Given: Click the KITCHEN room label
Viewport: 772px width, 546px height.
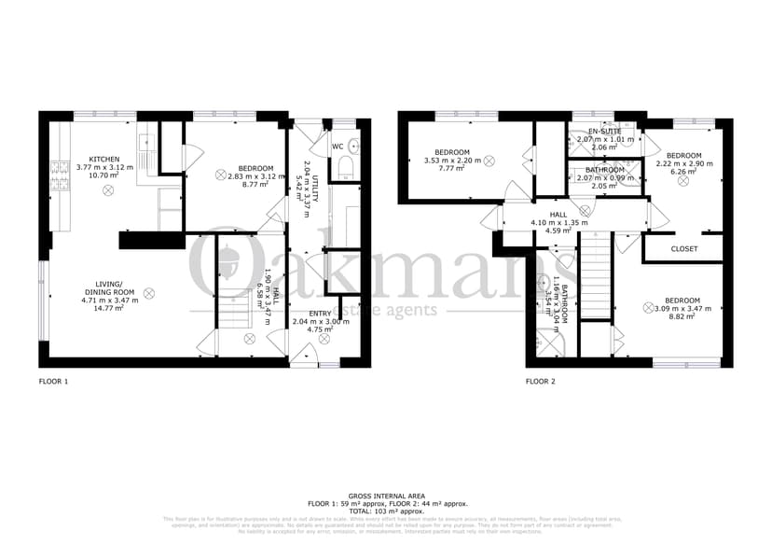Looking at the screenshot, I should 103,159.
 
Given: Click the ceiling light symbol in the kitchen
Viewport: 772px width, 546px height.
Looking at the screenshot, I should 108,190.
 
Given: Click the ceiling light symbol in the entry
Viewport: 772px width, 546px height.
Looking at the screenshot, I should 324,341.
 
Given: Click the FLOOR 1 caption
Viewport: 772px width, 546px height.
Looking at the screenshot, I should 53,382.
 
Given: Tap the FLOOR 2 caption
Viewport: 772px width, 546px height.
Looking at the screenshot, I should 540,382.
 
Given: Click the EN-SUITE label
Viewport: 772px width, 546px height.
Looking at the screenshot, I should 603,132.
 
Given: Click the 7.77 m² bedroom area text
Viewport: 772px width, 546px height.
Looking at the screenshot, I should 452,169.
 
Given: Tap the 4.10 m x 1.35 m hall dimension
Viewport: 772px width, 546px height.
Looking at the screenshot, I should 558,223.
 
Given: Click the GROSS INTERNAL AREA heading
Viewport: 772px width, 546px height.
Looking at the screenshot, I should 385,497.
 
